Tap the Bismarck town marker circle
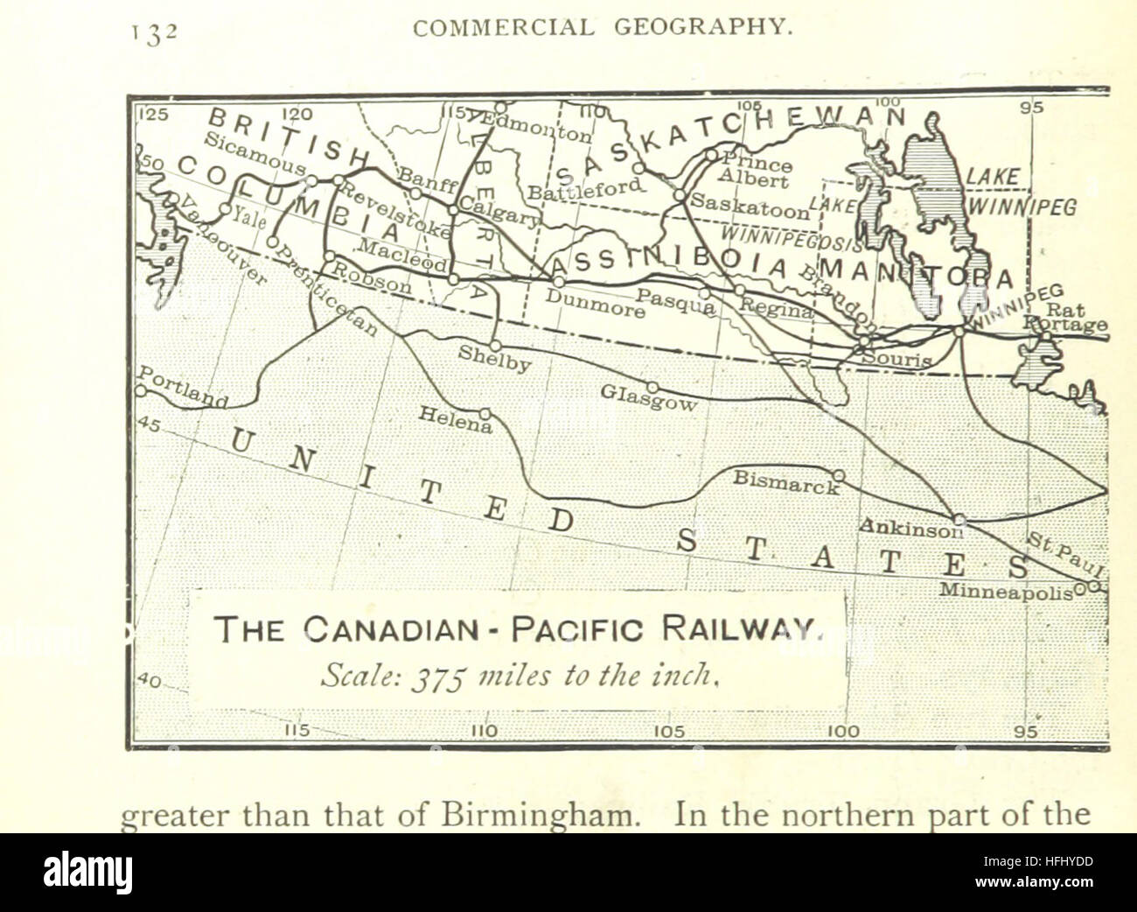click(838, 475)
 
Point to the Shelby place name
click(494, 360)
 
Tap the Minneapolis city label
click(1006, 591)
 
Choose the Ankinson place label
click(910, 527)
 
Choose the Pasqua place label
click(674, 302)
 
